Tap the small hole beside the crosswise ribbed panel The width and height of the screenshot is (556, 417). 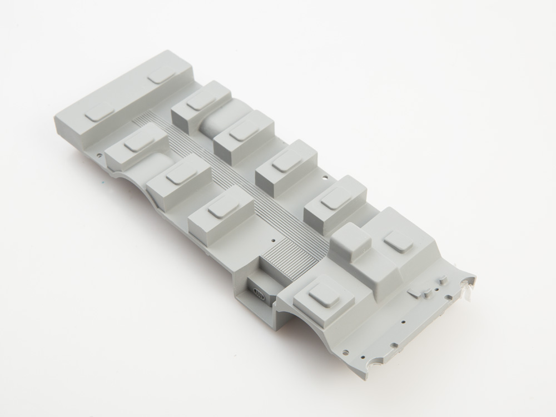pyautogui.click(x=273, y=240)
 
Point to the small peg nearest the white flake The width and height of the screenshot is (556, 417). pyautogui.click(x=443, y=276)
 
